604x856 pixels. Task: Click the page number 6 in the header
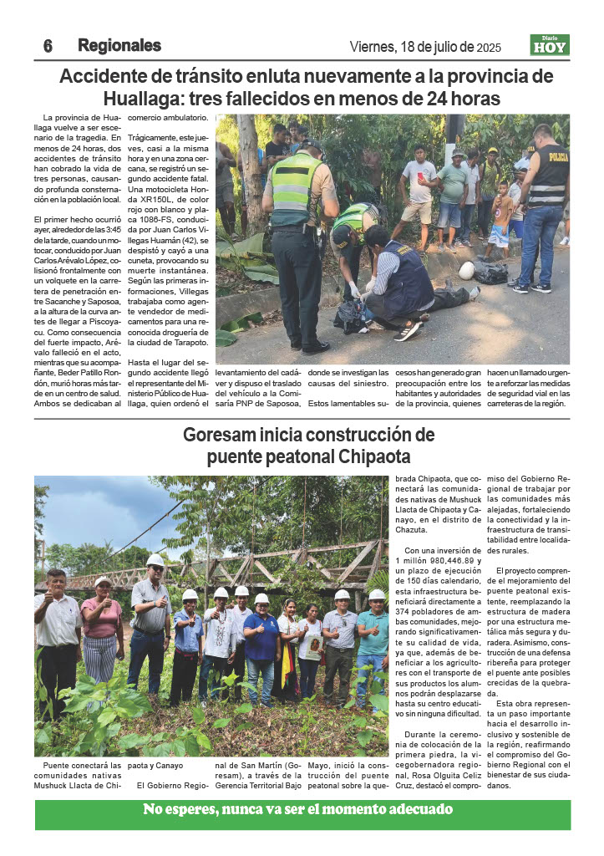[48, 46]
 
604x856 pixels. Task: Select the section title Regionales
[119, 45]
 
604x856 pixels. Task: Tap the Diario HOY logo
[550, 45]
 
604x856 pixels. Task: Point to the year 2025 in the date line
[490, 48]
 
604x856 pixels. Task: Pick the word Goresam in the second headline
[220, 436]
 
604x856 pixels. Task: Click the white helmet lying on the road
[467, 270]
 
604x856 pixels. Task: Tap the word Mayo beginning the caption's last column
[318, 764]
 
